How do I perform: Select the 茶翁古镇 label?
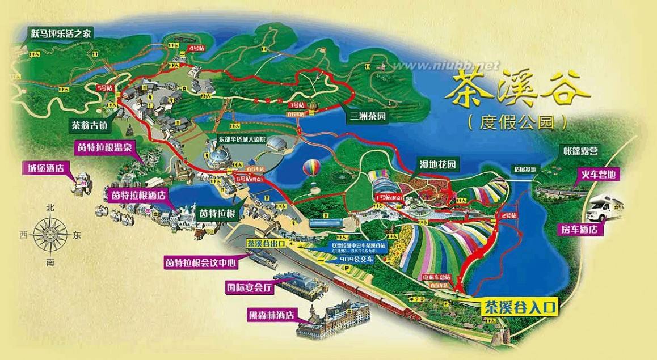tap(91, 124)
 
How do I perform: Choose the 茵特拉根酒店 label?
tap(137, 194)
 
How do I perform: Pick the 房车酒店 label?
tap(580, 230)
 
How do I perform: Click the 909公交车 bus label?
tap(357, 259)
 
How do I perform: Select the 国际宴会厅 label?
tap(250, 287)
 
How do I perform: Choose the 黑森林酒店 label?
tap(273, 314)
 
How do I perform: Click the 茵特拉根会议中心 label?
tap(200, 262)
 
